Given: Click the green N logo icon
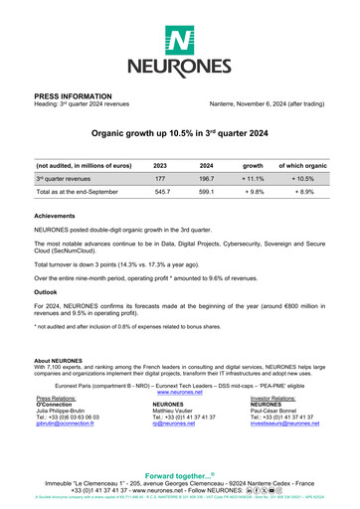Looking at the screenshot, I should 180,42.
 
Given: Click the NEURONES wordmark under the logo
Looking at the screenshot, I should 180,69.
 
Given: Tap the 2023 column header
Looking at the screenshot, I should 160,163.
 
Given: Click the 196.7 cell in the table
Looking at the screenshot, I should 207,177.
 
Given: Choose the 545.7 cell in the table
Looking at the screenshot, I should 159,191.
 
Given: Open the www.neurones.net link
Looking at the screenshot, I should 180,394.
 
